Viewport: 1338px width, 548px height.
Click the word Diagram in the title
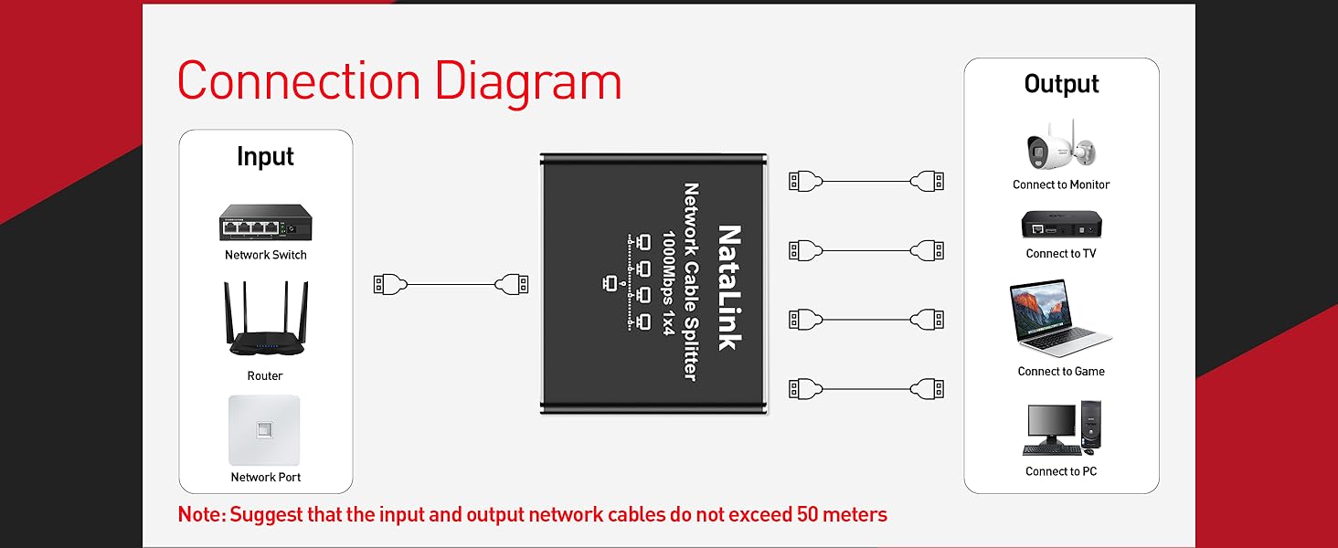coord(528,81)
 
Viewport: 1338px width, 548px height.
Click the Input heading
coord(265,156)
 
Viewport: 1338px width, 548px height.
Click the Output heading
coord(1061,84)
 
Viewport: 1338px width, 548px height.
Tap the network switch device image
coord(265,222)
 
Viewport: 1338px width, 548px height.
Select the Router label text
coord(265,375)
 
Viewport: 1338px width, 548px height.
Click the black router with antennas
coord(266,321)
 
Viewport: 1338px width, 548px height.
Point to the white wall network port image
coord(264,429)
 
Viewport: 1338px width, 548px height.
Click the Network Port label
coord(265,477)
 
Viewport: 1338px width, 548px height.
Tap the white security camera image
coord(1060,146)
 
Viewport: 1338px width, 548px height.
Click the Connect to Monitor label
coord(1060,184)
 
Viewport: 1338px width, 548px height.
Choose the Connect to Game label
coord(1060,371)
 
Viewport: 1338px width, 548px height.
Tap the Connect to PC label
coord(1060,471)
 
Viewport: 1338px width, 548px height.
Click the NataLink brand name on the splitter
coord(728,287)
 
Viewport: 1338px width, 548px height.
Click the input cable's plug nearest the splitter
coord(513,285)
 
